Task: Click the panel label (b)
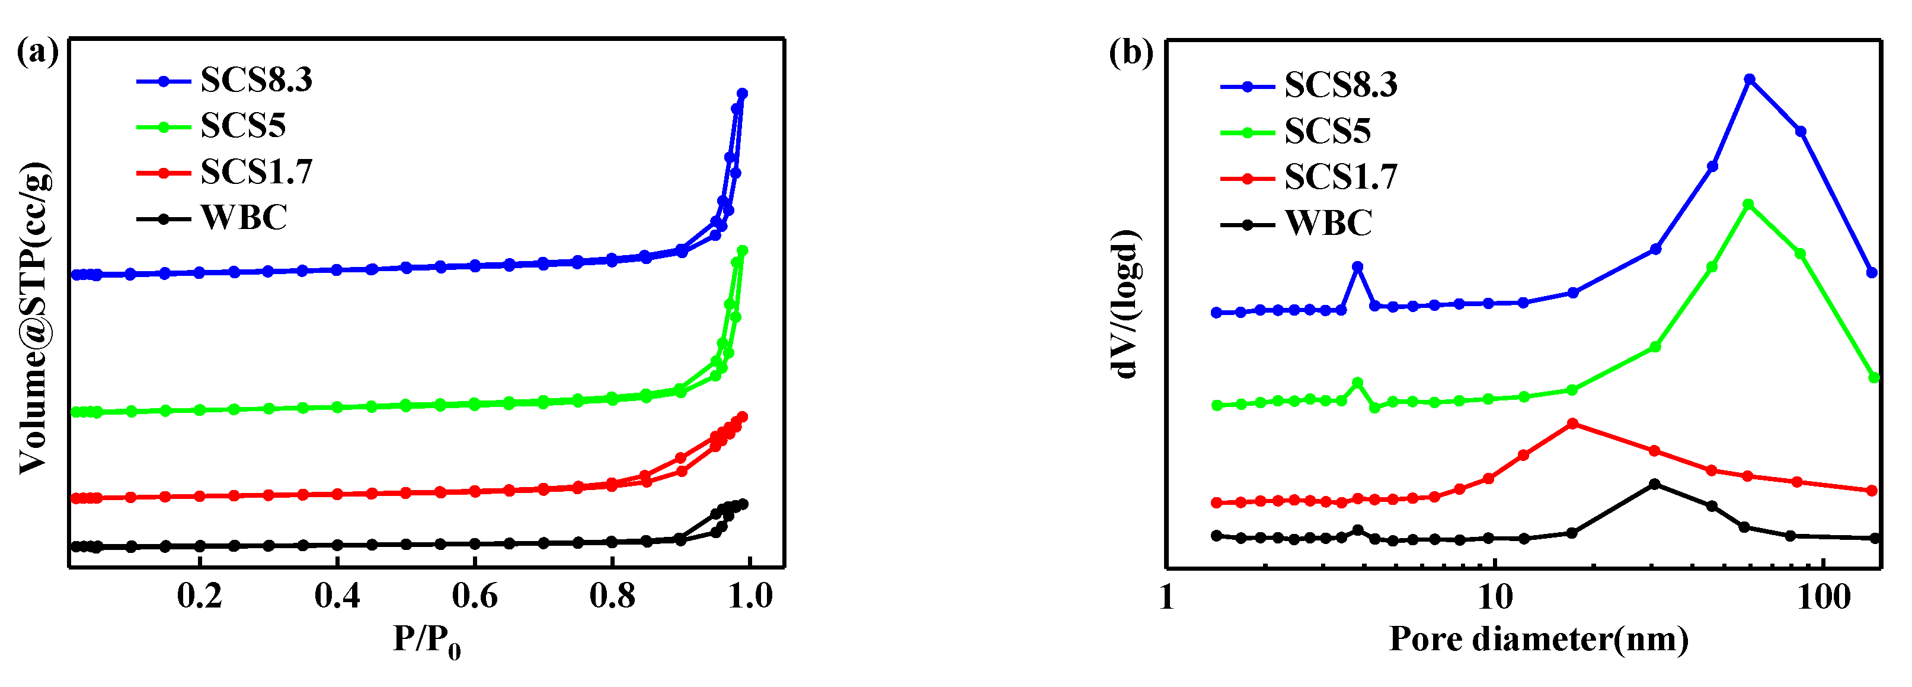coord(1130,53)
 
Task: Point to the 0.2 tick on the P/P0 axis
coord(200,596)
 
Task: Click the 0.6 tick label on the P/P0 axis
coord(474,596)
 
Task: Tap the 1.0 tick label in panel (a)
coord(750,596)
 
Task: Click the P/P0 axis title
coord(427,640)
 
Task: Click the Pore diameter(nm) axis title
coord(1539,639)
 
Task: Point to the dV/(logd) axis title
coord(1126,304)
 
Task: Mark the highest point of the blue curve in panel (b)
coord(1748,79)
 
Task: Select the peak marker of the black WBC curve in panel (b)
coord(1654,484)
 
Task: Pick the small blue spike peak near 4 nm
coord(1358,266)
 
